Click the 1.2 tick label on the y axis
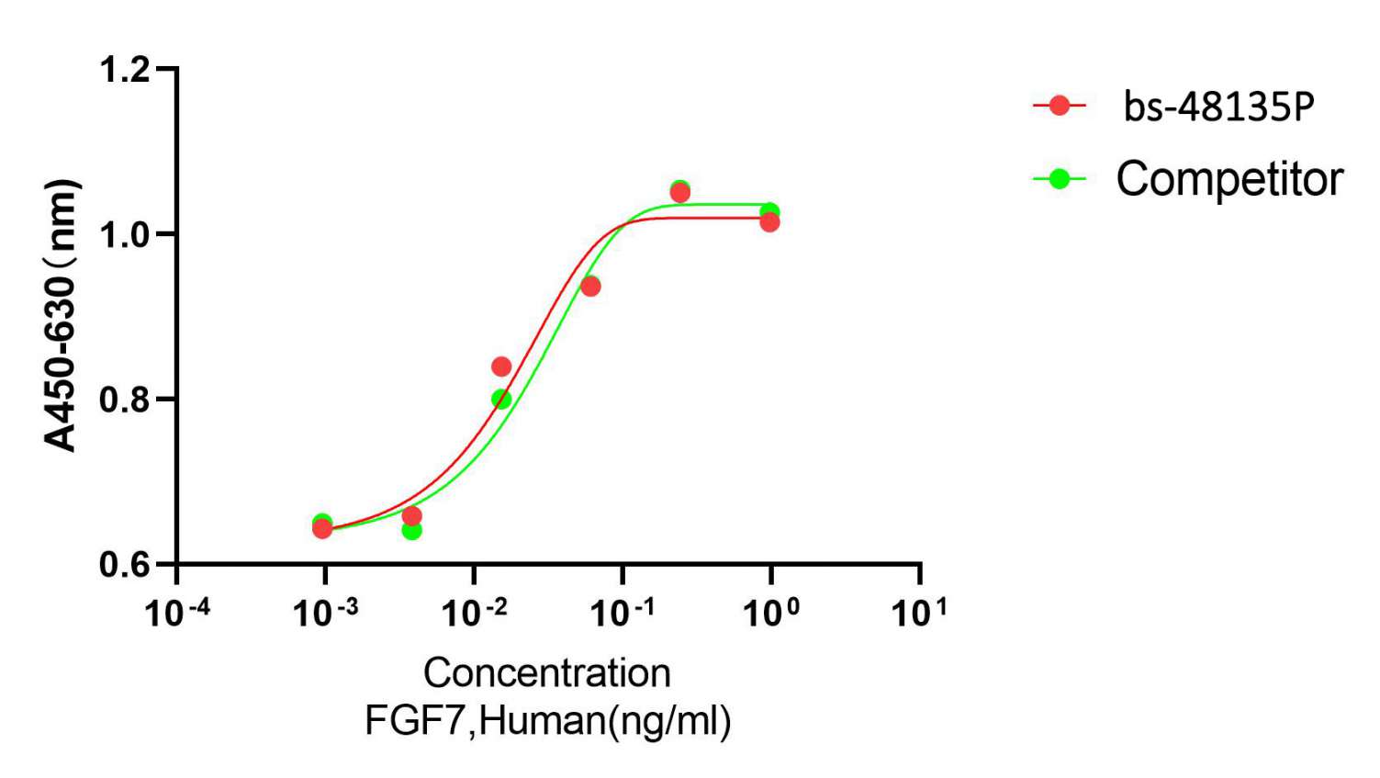(124, 69)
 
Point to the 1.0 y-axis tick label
(124, 234)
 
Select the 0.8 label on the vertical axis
(124, 400)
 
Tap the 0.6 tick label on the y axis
(124, 564)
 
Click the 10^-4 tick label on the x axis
(177, 612)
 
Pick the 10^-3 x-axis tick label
(326, 612)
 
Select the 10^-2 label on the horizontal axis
(475, 612)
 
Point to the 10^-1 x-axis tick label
(623, 612)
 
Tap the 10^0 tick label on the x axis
(771, 612)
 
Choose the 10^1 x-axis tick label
(919, 612)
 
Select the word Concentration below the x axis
(547, 673)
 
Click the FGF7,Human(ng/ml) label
(548, 720)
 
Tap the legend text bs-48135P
(1218, 107)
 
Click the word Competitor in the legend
(1229, 179)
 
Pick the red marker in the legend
(1060, 106)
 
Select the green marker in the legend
(1060, 178)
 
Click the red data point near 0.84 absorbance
(501, 366)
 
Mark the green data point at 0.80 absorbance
(501, 400)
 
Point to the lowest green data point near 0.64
(412, 530)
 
